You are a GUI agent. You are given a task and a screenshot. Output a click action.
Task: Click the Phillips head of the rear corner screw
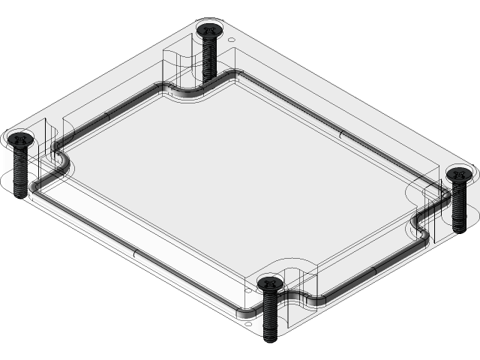click(209, 31)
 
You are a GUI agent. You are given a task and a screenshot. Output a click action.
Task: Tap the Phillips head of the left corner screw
click(19, 138)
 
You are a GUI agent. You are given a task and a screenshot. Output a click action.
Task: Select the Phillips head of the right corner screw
click(459, 175)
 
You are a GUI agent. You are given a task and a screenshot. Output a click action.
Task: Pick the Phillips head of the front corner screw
click(270, 283)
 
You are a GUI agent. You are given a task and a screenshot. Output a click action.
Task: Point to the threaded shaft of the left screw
click(19, 169)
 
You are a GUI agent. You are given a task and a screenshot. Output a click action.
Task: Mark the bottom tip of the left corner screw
click(19, 193)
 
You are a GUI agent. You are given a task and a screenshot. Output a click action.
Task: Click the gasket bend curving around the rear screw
click(196, 93)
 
